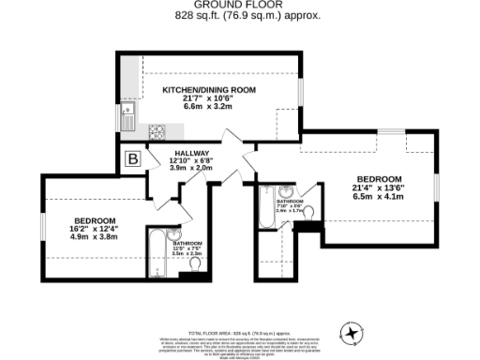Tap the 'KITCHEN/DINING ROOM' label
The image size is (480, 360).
(209, 89)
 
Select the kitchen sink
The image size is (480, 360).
(128, 116)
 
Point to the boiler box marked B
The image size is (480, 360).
(133, 159)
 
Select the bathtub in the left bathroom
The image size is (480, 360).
(157, 251)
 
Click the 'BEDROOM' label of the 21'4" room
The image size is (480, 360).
(379, 179)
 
